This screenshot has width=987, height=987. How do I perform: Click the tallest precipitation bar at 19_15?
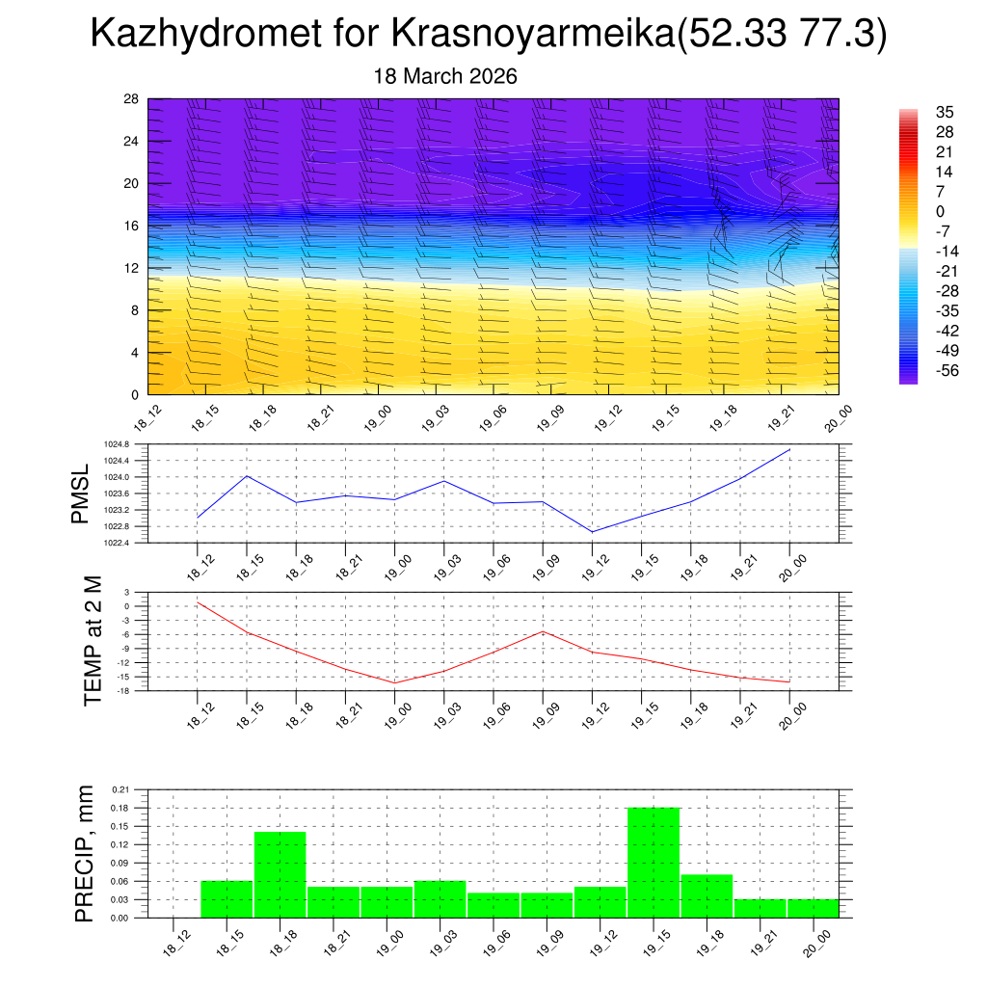[x=653, y=862]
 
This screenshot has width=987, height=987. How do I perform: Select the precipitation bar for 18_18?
[x=280, y=874]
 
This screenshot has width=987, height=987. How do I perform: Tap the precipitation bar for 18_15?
[x=227, y=899]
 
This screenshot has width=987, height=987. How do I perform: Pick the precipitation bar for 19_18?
[x=707, y=895]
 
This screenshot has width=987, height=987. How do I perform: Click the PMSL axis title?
[x=80, y=493]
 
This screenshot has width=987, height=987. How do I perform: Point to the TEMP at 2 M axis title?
[x=93, y=641]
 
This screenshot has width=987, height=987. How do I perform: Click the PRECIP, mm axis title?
[x=85, y=854]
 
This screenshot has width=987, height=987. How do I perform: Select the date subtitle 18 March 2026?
[x=445, y=76]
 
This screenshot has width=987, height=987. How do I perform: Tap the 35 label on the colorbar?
[x=945, y=112]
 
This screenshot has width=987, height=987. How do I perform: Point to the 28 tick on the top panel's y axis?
[x=132, y=99]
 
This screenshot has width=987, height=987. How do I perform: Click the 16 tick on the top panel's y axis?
[x=132, y=226]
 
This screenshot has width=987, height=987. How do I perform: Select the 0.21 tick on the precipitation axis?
[x=120, y=789]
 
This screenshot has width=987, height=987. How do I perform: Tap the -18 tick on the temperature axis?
[x=124, y=691]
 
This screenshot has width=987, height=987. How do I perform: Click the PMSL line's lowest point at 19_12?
[x=592, y=532]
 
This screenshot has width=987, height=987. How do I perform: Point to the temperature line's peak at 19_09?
[x=543, y=631]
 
